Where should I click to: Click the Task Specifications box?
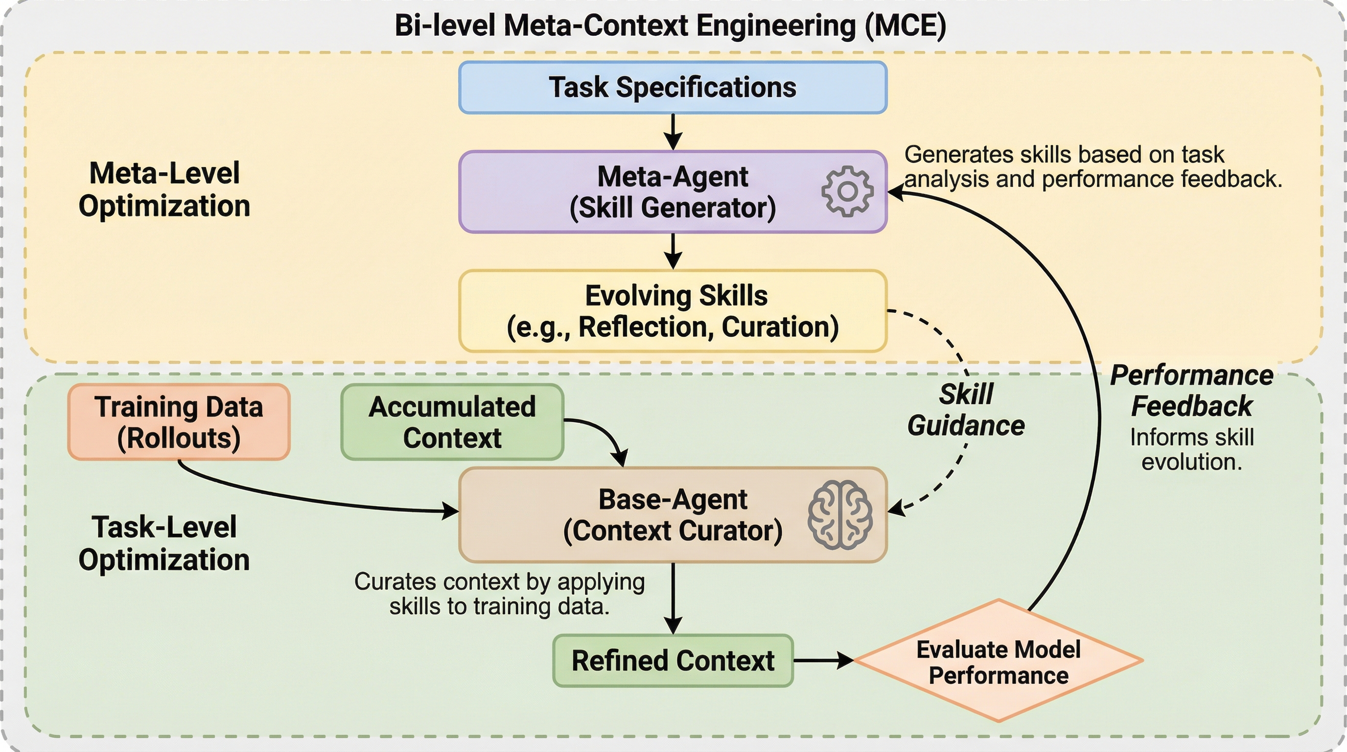click(x=673, y=87)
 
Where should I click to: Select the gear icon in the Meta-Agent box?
click(x=847, y=191)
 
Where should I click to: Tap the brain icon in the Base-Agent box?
click(x=840, y=515)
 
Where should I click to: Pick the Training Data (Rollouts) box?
click(x=179, y=422)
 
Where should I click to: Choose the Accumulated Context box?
click(x=452, y=422)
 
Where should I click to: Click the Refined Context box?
click(x=673, y=660)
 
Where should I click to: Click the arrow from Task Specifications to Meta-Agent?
click(x=673, y=132)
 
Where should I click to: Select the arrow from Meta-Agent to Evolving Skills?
click(x=673, y=251)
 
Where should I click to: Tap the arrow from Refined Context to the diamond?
click(x=823, y=660)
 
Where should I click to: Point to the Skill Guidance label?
click(x=966, y=409)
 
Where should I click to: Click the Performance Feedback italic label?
click(x=1192, y=391)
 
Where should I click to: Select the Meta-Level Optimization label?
click(x=164, y=189)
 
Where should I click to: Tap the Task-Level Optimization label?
click(x=164, y=543)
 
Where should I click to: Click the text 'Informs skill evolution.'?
click(x=1192, y=450)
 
